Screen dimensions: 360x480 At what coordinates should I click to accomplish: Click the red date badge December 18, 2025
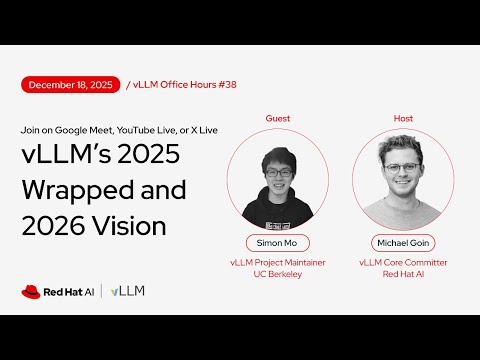(69, 85)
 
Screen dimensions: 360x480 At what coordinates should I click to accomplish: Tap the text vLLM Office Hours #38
(175, 85)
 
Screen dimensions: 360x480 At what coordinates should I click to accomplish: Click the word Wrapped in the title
(74, 193)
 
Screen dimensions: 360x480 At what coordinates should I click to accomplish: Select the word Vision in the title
(130, 226)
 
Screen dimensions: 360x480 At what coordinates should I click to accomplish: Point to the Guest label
(278, 118)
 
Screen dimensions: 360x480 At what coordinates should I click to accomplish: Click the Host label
(403, 118)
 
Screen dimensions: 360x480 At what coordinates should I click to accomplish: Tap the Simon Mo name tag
(278, 243)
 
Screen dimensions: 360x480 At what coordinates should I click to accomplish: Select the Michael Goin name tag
(403, 243)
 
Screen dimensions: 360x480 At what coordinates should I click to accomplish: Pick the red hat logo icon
(31, 291)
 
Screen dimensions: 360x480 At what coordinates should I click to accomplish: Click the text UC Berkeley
(278, 274)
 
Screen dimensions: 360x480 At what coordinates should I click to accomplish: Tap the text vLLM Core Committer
(403, 262)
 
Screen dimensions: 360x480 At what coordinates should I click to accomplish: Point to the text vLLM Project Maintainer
(278, 262)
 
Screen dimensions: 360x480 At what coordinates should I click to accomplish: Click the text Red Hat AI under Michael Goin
(403, 274)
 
